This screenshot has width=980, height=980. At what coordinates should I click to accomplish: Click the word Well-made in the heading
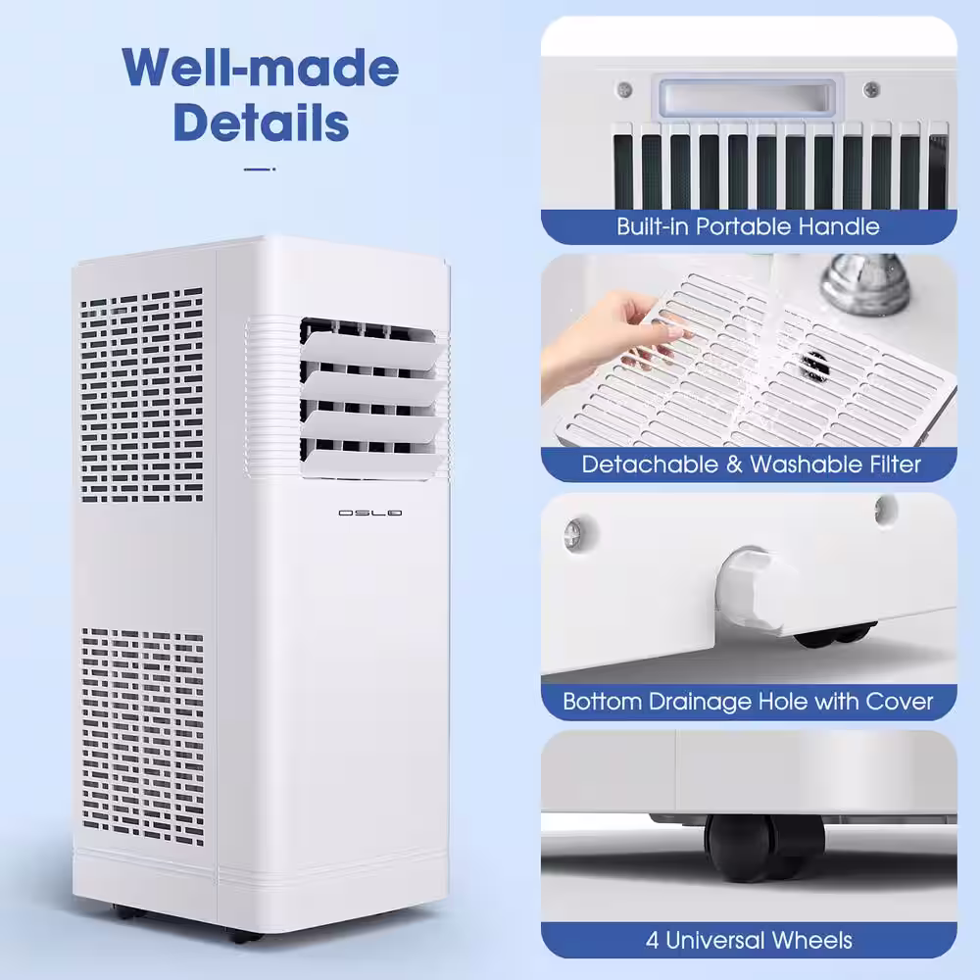[x=261, y=68]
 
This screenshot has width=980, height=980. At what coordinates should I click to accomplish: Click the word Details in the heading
[x=261, y=122]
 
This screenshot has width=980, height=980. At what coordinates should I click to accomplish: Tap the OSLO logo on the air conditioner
[x=370, y=514]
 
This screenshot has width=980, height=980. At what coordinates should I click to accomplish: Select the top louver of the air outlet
[x=372, y=350]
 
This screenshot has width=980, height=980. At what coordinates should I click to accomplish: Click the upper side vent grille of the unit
[x=142, y=395]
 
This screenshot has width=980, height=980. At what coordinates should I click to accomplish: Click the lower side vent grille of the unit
[x=142, y=737]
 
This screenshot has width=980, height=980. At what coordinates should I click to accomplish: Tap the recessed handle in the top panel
[x=748, y=97]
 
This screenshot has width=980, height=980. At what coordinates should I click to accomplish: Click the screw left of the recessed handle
[x=624, y=90]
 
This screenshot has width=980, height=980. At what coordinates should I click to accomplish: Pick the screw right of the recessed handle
[x=871, y=90]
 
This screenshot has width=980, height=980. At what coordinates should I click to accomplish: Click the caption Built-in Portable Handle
[x=748, y=226]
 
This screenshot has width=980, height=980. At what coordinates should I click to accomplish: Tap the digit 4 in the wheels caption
[x=652, y=941]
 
